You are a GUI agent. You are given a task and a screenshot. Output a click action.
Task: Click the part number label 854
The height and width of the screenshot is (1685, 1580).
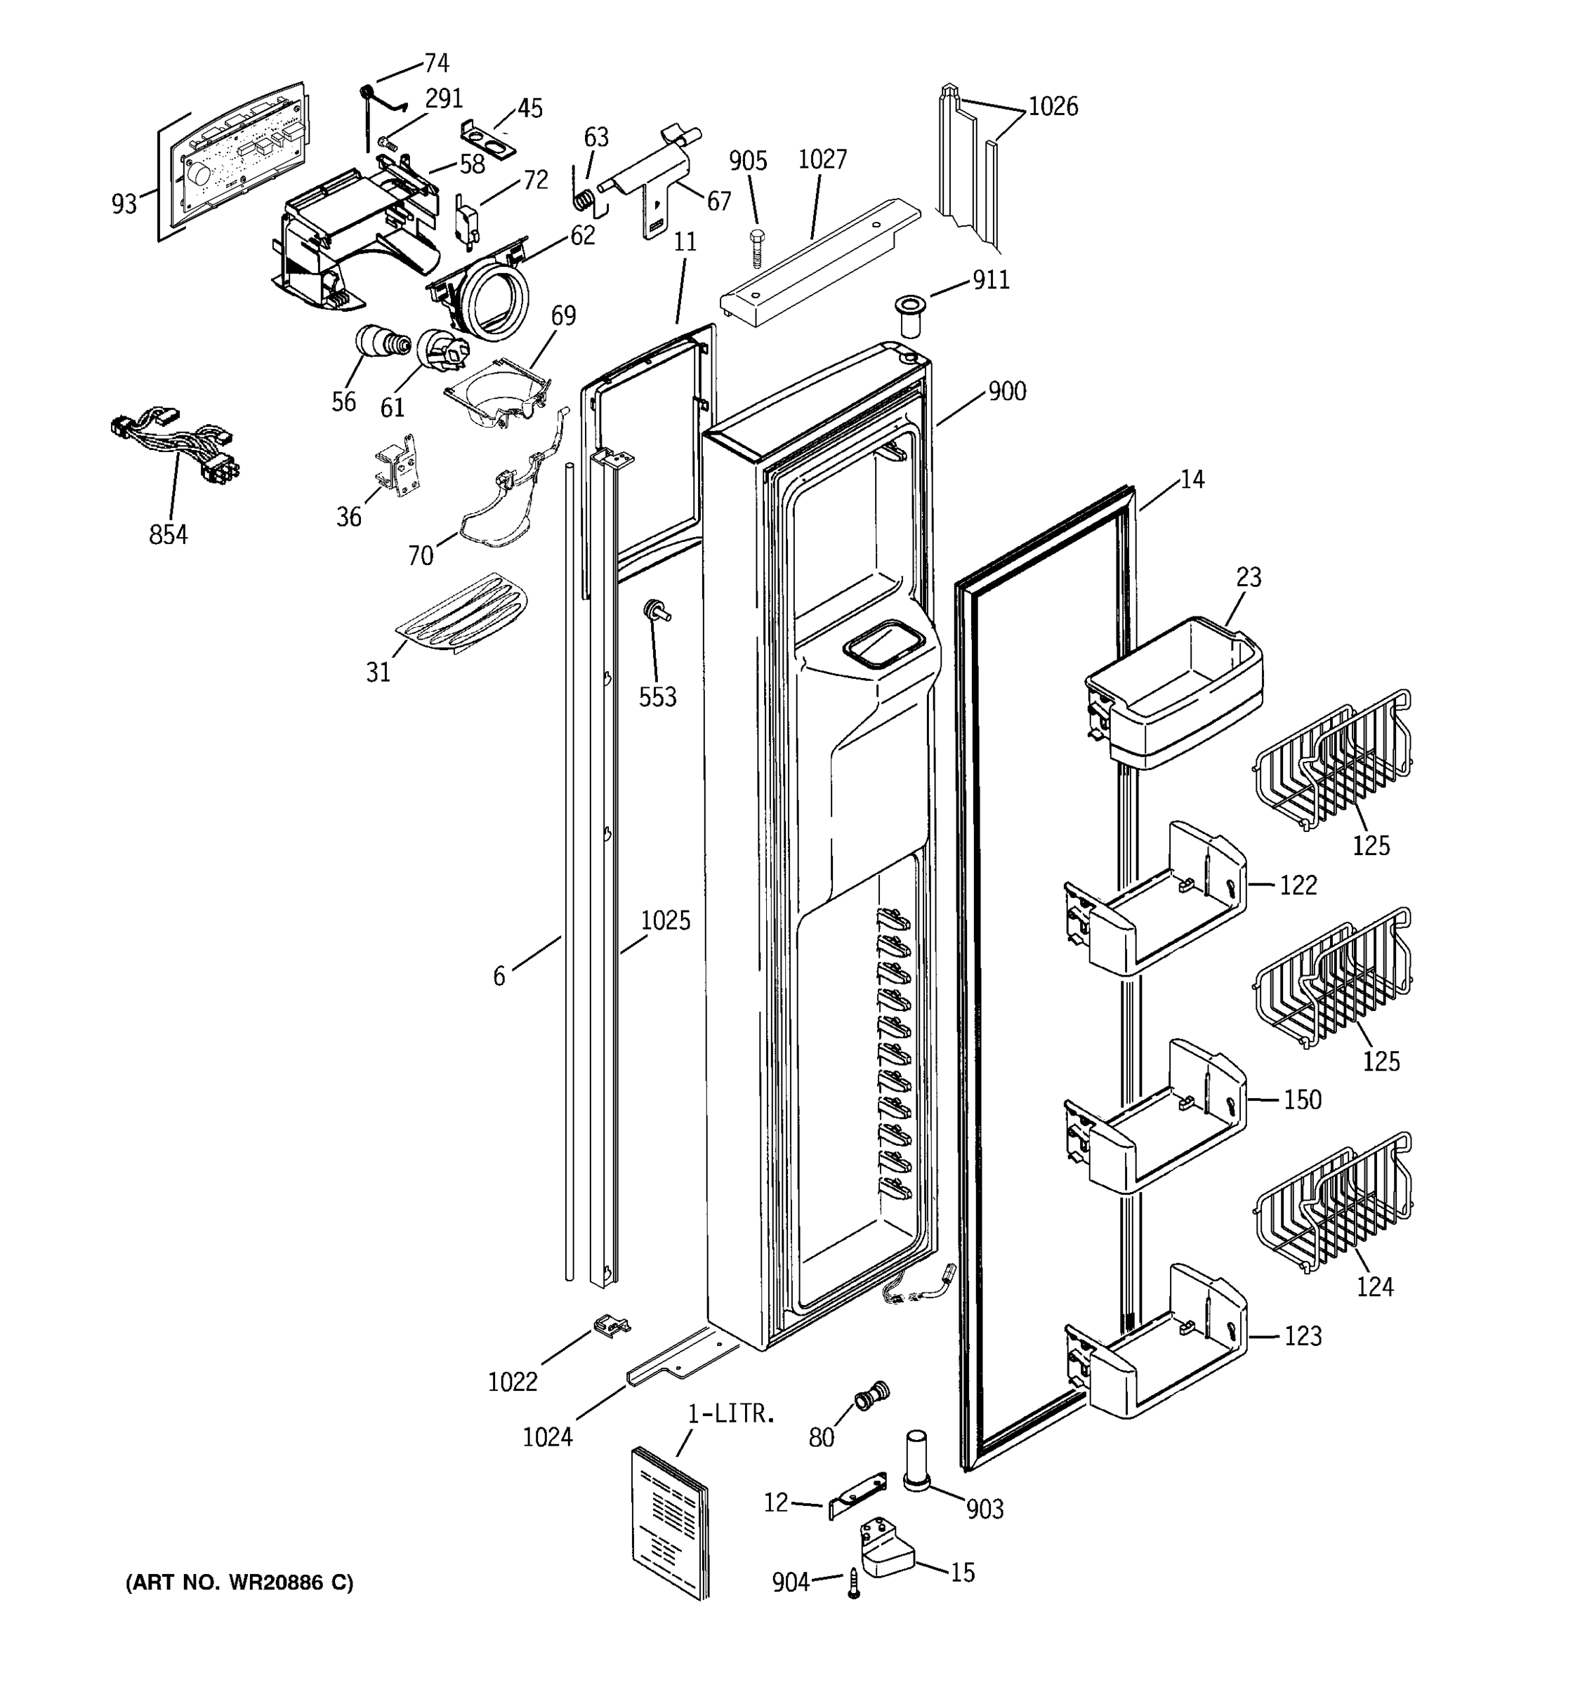168,535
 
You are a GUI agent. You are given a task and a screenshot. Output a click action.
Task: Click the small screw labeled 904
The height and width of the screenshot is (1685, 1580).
854,1584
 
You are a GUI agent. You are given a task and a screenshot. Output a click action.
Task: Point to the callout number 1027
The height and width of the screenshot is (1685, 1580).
822,159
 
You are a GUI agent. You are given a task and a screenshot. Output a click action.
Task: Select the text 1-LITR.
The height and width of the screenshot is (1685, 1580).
731,1414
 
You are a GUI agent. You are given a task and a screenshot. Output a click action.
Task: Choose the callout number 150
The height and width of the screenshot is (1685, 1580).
1302,1100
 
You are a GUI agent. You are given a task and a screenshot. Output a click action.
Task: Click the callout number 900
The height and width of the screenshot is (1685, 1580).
1006,392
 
